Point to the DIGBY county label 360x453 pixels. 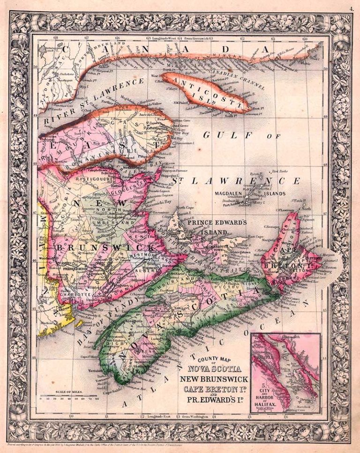pos(111,335)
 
